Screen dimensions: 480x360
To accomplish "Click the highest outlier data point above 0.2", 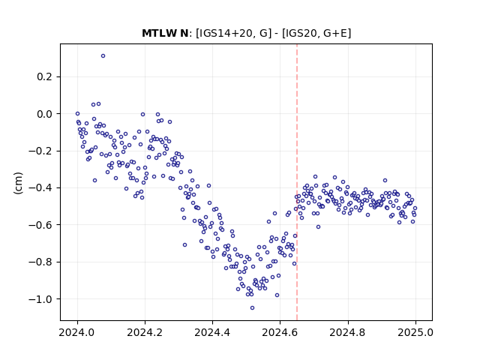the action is click(103, 55).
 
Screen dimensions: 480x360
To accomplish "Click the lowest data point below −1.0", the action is click(252, 307).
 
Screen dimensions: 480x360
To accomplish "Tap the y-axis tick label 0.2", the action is click(44, 76).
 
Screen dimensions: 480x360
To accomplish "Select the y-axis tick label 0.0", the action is click(44, 114).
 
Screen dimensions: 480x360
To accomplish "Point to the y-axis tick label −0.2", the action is click(40, 151).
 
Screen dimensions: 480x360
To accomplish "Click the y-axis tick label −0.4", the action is click(40, 187).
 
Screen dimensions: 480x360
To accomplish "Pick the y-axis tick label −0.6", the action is click(40, 225).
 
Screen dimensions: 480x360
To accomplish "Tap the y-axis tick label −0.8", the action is click(40, 262).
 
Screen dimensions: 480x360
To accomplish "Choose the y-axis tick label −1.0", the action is click(40, 299).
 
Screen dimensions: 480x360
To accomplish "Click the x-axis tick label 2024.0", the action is click(76, 332).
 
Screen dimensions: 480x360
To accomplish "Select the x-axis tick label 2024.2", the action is click(145, 332).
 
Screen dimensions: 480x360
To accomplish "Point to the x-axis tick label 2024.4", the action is click(212, 332).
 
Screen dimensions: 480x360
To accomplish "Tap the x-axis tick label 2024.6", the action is click(280, 332).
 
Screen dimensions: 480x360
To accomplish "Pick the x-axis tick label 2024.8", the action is click(347, 332).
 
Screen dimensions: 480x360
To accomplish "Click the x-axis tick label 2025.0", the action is click(415, 332).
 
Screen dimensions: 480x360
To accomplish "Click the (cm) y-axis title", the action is click(18, 183).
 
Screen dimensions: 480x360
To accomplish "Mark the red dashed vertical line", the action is click(297, 182).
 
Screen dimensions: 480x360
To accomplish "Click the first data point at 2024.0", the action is click(77, 113).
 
